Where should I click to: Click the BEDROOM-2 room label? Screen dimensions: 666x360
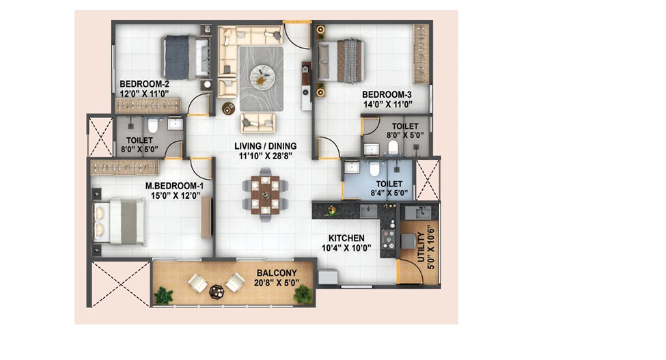tap(139, 84)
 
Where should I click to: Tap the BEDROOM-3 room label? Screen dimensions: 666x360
tap(387, 95)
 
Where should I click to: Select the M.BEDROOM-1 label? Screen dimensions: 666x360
tap(175, 186)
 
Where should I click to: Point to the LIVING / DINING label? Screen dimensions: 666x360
tap(266, 146)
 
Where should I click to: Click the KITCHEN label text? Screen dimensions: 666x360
tap(346, 238)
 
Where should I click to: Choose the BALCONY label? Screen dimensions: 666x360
tap(277, 273)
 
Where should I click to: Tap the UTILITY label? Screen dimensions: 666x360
tap(421, 246)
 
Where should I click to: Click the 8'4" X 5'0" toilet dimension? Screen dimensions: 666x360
tap(389, 193)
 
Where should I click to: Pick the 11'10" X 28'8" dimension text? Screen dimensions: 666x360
tap(266, 156)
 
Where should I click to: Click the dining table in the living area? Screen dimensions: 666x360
tap(266, 195)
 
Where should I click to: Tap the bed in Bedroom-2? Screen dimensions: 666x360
tap(186, 57)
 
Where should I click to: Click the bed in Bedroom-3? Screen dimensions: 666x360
tap(341, 61)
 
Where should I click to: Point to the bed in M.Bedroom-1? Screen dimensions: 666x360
tap(120, 221)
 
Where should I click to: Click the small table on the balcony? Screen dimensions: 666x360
tap(217, 292)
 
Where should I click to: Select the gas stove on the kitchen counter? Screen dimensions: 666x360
tap(388, 239)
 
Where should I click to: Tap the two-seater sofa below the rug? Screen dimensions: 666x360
tap(258, 123)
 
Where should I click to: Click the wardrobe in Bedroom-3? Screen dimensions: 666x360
tap(421, 54)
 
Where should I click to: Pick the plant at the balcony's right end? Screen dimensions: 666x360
tap(303, 294)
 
